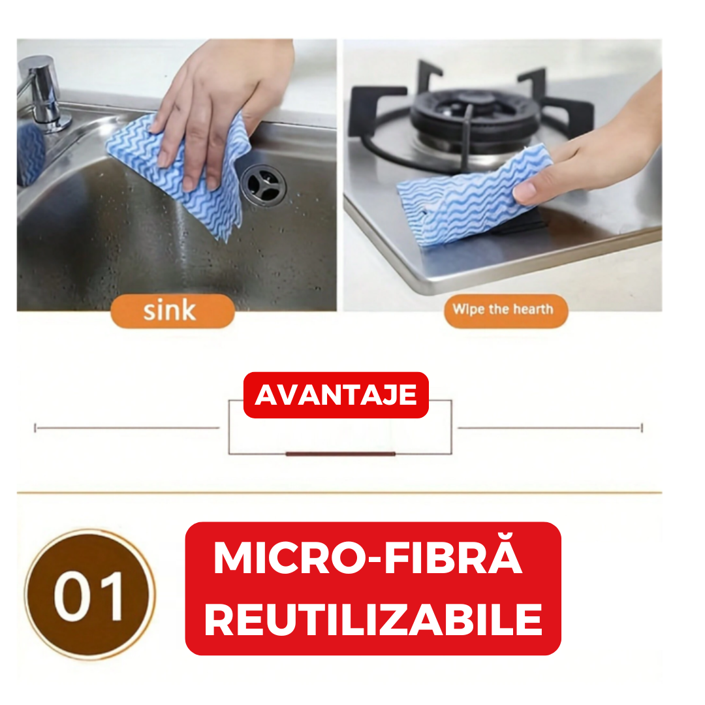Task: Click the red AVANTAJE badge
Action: pos(336,395)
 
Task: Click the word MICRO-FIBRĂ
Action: pos(368,558)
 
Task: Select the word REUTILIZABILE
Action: pos(373,619)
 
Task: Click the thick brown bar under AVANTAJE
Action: pos(340,454)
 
